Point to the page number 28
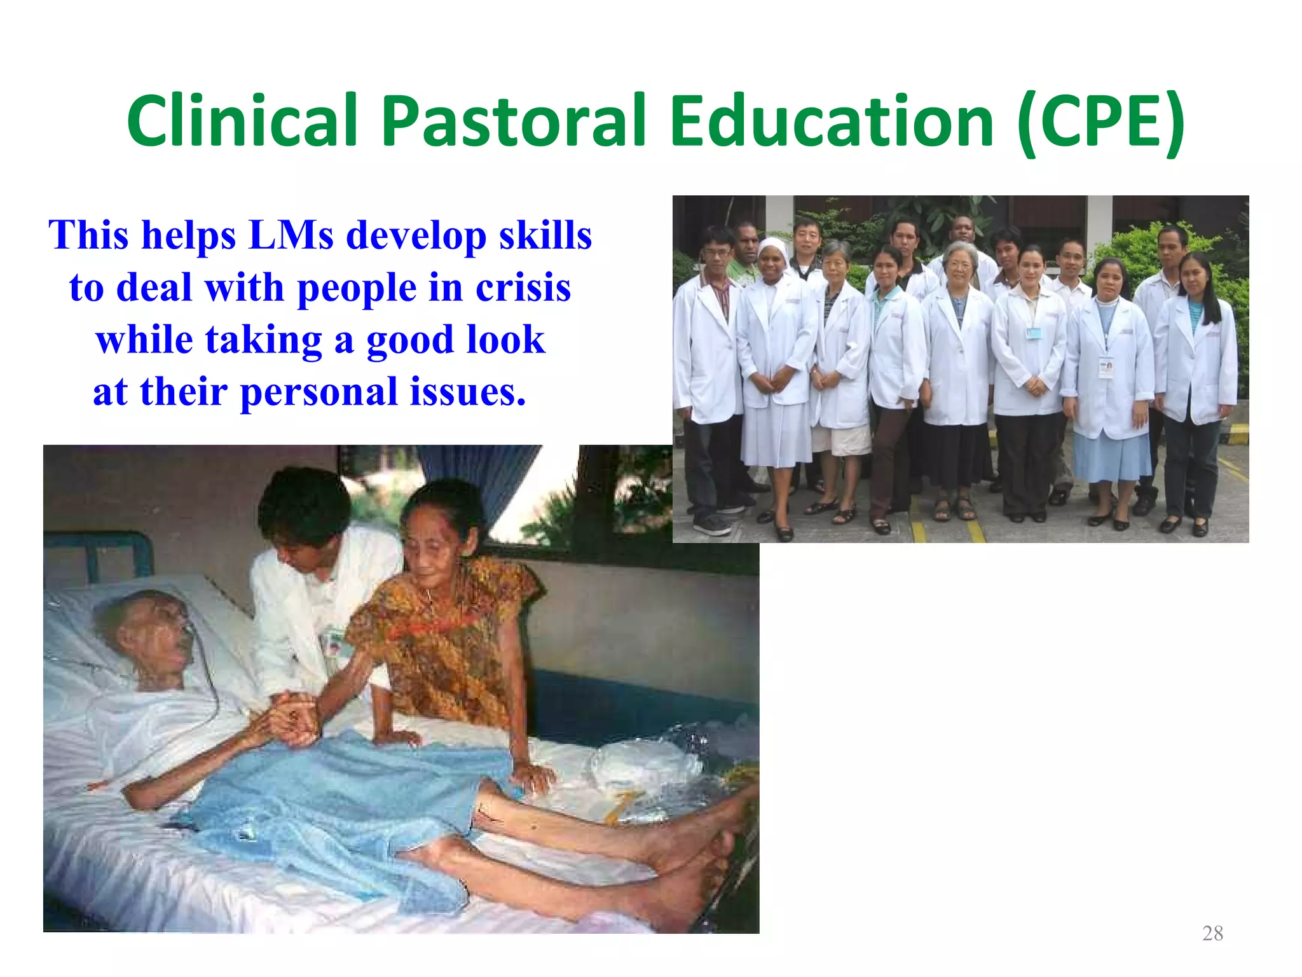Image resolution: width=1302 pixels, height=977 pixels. tap(1212, 933)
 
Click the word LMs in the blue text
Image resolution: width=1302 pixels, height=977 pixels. tap(291, 235)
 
